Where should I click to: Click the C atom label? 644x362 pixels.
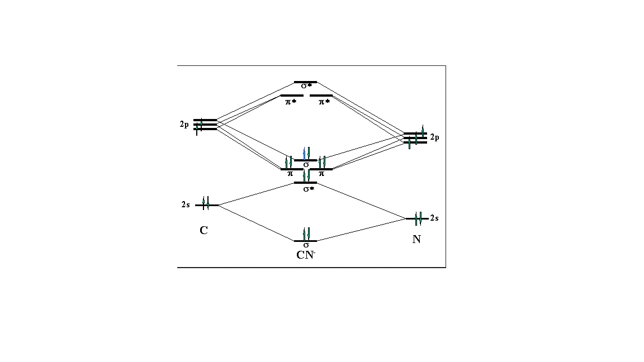(203, 230)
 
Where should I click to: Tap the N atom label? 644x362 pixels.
(416, 239)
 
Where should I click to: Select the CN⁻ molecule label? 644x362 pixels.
(306, 256)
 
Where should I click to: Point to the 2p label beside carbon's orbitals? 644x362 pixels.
(184, 125)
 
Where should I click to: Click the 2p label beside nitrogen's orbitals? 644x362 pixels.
(435, 137)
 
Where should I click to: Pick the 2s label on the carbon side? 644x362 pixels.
(186, 205)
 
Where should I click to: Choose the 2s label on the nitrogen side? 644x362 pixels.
(434, 218)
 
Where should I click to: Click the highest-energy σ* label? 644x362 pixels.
(306, 87)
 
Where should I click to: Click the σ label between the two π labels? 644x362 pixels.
(306, 165)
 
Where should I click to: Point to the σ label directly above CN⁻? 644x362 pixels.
(306, 245)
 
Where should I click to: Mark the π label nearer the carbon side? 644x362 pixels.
(290, 174)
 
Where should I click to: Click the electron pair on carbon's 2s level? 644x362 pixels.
(206, 203)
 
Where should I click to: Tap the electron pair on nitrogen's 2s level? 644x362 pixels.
(418, 219)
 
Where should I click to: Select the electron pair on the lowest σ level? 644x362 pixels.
(306, 234)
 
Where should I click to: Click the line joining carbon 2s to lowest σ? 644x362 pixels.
(255, 223)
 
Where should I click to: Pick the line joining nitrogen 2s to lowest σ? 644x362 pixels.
(362, 230)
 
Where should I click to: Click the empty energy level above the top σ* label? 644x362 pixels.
(305, 82)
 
